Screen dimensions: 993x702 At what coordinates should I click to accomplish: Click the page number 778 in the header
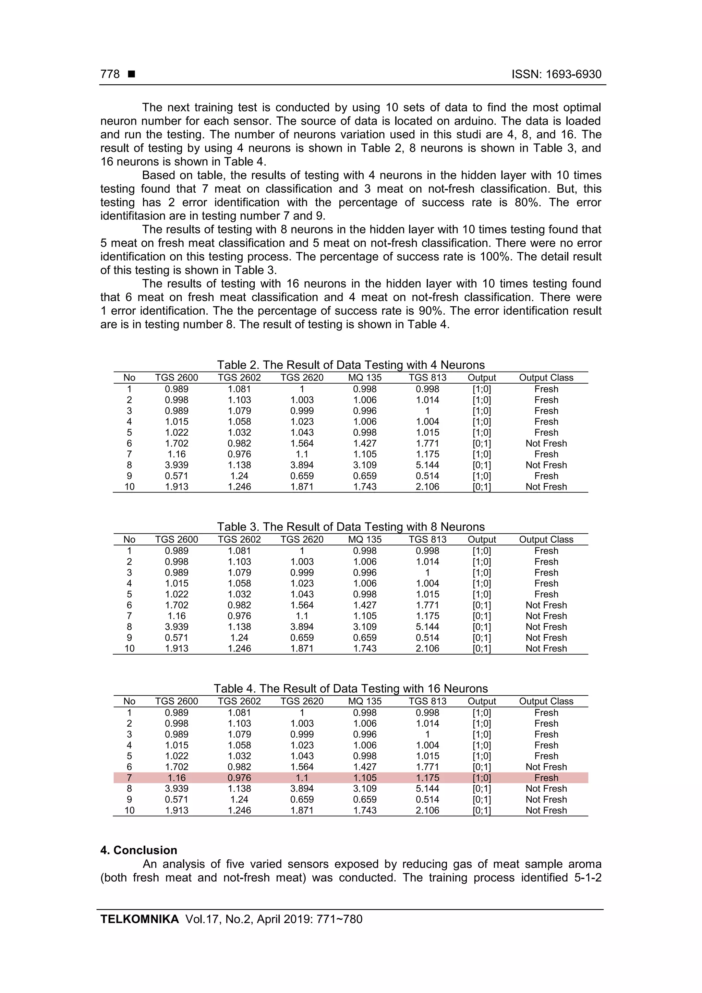click(x=110, y=74)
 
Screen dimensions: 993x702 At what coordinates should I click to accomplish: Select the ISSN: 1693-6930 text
click(x=556, y=74)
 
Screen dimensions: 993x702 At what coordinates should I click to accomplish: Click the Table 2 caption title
click(x=351, y=365)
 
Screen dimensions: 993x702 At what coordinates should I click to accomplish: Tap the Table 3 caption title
click(x=351, y=526)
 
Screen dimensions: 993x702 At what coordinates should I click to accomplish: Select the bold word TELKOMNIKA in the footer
click(x=139, y=919)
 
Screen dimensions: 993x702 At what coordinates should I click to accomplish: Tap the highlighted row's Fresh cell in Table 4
click(x=546, y=778)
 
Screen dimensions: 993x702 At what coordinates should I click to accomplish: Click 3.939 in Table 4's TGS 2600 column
click(x=177, y=788)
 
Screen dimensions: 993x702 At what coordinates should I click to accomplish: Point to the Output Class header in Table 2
click(x=546, y=378)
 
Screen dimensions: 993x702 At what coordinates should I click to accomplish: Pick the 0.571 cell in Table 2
click(x=177, y=476)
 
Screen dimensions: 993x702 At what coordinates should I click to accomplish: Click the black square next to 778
click(x=132, y=74)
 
